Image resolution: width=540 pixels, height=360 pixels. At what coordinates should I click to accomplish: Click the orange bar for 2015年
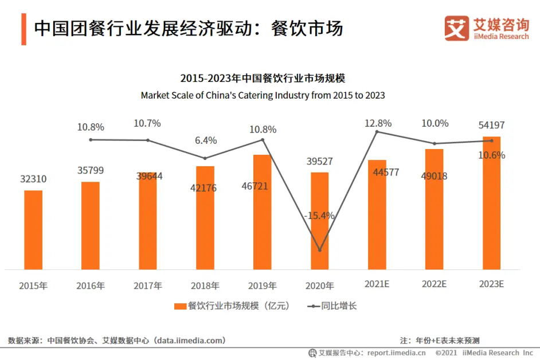33,230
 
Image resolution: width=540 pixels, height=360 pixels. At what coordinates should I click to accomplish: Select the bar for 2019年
263,212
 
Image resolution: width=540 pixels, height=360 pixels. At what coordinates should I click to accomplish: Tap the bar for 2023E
491,204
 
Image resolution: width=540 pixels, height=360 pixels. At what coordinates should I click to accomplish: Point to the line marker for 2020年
320,250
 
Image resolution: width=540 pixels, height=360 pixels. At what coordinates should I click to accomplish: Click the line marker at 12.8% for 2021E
377,132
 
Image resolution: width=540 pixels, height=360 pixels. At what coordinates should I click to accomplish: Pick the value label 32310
33,179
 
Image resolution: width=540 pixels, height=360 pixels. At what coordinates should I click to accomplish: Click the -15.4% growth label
320,216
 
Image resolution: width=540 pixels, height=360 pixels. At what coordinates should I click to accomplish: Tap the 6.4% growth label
206,140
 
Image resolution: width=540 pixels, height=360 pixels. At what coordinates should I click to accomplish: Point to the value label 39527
320,162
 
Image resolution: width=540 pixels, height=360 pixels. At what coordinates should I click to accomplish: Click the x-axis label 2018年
205,285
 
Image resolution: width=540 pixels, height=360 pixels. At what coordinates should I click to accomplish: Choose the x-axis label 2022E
434,285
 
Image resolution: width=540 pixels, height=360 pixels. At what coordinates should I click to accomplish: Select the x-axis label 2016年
91,285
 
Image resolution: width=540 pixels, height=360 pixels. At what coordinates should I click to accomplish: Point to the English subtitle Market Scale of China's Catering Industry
263,95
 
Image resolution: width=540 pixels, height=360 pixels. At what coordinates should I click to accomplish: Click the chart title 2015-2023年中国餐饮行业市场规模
263,79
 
